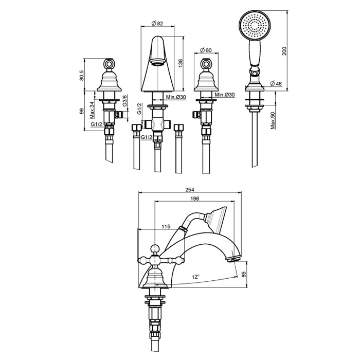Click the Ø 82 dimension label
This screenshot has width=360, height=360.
157,23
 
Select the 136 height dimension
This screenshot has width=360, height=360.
181,63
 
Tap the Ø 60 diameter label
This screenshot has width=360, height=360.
206,50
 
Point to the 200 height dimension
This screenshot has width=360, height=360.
284,51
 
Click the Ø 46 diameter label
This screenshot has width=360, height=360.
276,83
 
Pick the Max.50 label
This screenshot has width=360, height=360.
273,121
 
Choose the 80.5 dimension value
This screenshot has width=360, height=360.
82,75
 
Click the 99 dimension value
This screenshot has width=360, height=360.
82,112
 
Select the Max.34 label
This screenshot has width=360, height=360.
92,110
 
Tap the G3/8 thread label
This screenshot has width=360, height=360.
124,100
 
